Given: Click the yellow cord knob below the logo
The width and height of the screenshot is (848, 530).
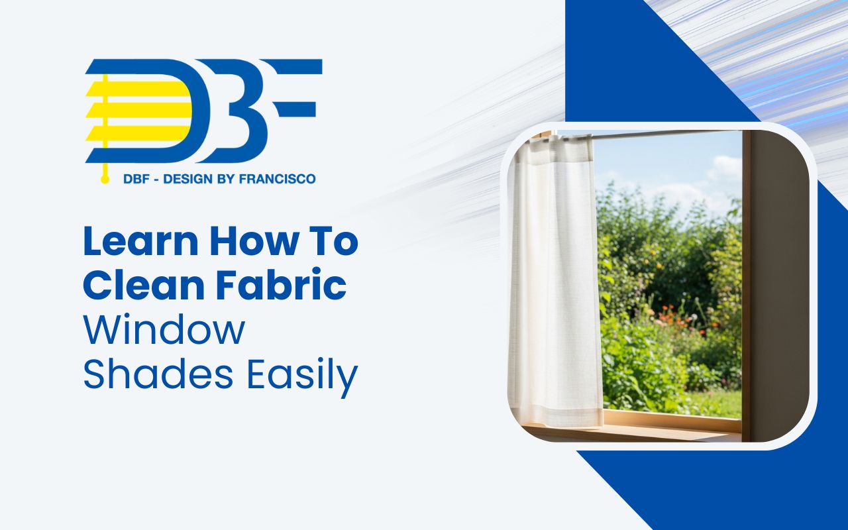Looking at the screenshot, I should point(104,180).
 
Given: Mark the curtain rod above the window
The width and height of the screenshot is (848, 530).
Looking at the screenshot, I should point(662,134).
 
